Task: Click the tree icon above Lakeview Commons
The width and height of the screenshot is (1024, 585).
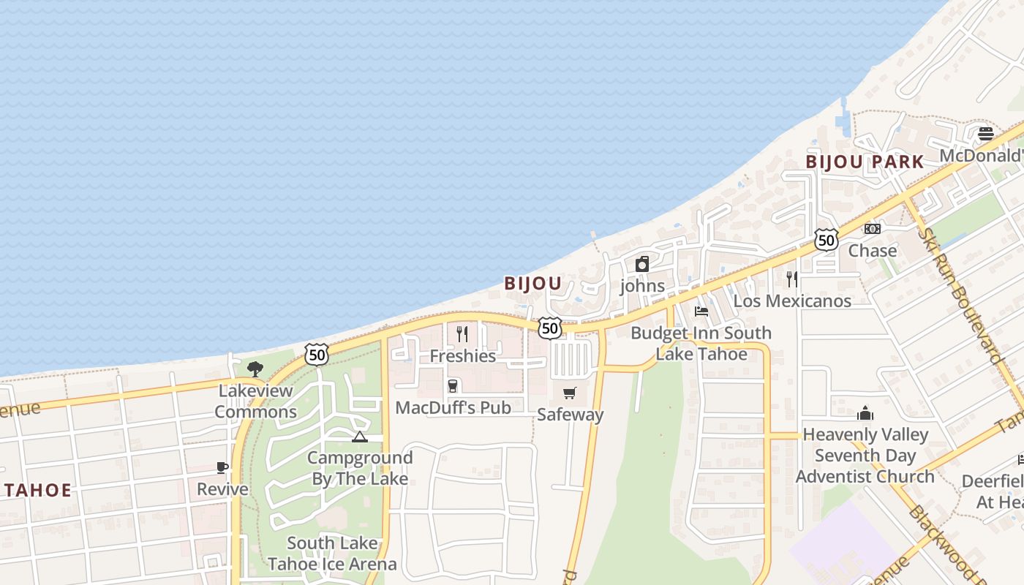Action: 255,369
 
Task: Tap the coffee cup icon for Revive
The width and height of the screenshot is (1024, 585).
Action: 223,467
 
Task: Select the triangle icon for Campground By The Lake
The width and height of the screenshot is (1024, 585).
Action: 359,437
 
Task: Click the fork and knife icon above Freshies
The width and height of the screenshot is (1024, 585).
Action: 462,334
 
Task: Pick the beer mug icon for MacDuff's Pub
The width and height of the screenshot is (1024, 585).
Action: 453,386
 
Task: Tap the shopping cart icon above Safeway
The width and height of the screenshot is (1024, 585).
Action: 570,393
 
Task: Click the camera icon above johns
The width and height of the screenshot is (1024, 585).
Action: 642,264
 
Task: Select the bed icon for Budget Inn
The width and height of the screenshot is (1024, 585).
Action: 701,311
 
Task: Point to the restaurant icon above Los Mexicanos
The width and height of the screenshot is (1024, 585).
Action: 791,279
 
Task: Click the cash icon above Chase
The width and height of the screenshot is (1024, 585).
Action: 873,229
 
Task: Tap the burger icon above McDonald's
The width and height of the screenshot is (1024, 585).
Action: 986,134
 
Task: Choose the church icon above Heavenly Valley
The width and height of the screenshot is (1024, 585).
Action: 865,413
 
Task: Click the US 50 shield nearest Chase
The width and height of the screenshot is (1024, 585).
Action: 826,239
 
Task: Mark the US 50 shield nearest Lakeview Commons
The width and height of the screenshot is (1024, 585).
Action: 317,355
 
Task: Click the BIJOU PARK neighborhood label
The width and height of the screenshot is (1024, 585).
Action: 865,162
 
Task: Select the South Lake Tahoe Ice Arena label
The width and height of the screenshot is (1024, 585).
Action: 332,554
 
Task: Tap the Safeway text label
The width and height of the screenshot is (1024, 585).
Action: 571,415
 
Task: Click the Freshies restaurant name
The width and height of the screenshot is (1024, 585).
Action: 463,356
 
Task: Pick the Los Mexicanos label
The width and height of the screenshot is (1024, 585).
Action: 792,301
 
